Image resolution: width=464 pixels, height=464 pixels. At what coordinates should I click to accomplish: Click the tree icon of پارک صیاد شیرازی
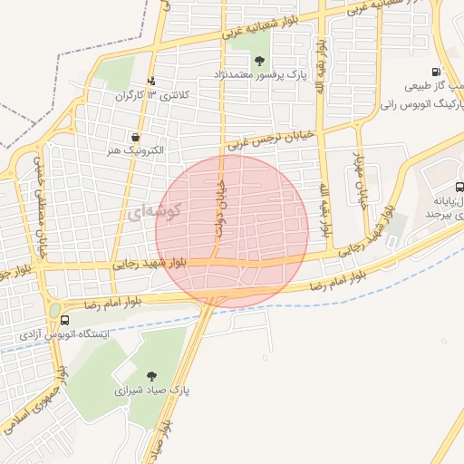(x=150, y=375)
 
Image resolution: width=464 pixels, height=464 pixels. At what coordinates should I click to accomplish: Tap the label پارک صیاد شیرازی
(x=150, y=391)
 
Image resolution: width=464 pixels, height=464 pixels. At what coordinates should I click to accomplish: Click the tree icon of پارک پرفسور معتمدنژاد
(x=260, y=61)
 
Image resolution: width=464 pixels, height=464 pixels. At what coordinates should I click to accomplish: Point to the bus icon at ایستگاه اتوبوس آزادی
(x=64, y=320)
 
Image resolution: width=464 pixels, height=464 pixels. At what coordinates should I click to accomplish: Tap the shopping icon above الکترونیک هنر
(x=135, y=137)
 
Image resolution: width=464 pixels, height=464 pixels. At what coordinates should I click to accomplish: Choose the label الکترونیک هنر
(x=132, y=151)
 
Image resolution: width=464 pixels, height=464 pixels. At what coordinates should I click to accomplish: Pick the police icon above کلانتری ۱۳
(x=151, y=80)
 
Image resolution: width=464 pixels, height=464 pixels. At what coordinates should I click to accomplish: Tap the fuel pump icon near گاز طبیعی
(x=437, y=72)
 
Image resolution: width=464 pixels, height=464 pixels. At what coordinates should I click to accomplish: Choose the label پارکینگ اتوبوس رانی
(x=423, y=105)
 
